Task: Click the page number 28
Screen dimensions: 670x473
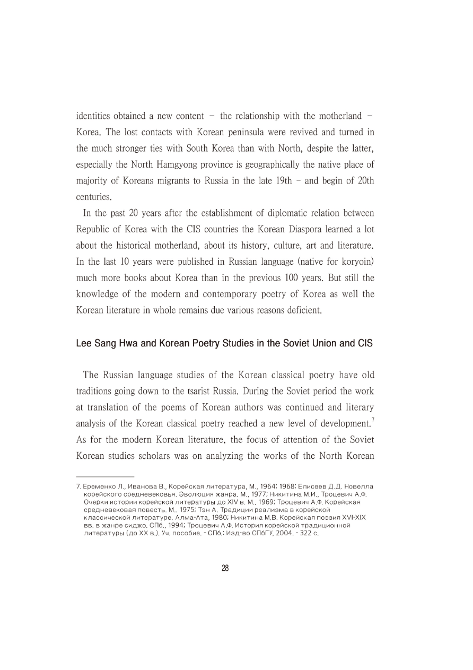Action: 225,568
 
